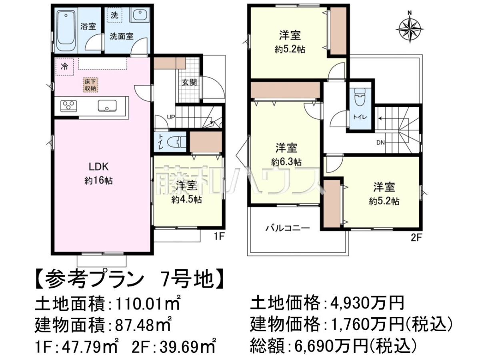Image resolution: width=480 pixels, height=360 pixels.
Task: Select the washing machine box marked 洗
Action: (x=114, y=15)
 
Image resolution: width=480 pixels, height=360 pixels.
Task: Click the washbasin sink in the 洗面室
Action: (x=139, y=15)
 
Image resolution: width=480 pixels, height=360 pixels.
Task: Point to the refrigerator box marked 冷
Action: (x=64, y=66)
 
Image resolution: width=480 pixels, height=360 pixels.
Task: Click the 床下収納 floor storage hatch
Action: (x=90, y=85)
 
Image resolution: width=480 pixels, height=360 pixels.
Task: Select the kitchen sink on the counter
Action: (x=107, y=106)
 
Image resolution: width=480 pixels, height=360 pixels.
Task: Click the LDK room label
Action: (x=98, y=167)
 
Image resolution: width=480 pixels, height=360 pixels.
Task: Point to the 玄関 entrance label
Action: (x=189, y=82)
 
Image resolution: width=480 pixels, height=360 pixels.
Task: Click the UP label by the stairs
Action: (x=171, y=117)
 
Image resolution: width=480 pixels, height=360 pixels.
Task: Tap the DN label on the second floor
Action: (x=380, y=142)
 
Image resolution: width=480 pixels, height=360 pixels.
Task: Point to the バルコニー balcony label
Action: (x=288, y=228)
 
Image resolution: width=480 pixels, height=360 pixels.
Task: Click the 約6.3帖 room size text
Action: (x=286, y=162)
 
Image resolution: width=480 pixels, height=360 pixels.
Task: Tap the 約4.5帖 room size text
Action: (x=186, y=200)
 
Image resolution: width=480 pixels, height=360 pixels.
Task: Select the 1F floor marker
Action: (x=219, y=237)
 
